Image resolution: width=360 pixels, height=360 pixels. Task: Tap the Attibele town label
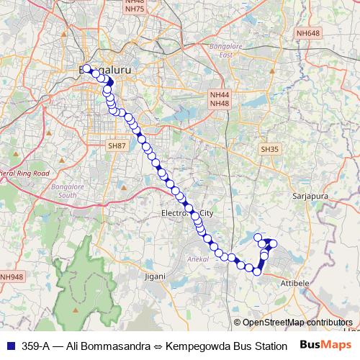click(x=293, y=284)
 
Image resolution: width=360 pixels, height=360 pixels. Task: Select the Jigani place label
click(x=155, y=276)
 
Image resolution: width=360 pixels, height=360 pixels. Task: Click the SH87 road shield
click(x=117, y=145)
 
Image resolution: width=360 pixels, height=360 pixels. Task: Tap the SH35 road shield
click(x=269, y=148)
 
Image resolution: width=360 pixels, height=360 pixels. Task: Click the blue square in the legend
click(x=9, y=346)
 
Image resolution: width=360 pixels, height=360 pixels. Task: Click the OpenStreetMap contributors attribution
click(x=297, y=323)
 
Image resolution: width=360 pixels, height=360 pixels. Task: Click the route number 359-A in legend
click(x=35, y=346)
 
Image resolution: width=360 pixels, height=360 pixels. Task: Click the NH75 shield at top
click(x=114, y=8)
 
